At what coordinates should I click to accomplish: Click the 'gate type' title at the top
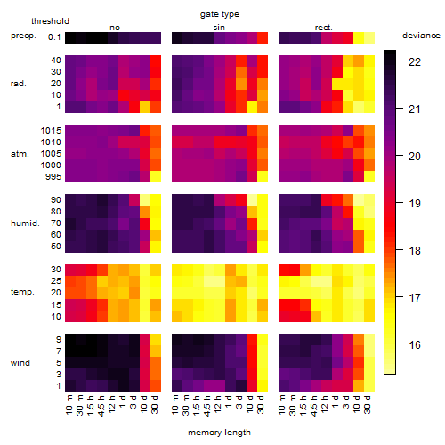220,14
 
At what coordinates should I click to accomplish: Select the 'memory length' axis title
219,433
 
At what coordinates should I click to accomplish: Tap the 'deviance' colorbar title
421,36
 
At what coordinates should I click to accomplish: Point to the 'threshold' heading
50,21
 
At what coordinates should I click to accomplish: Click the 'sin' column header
219,28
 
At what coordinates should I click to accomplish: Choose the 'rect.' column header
323,28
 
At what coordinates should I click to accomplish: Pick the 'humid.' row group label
25,223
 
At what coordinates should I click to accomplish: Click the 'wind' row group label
20,363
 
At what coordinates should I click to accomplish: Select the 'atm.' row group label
20,154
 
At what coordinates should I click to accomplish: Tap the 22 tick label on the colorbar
415,62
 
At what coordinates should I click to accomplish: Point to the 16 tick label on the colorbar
415,345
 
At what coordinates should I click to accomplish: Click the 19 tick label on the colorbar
415,204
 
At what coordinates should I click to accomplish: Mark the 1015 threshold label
51,131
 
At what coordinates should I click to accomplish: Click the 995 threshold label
53,177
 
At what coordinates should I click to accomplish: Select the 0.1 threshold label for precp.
54,37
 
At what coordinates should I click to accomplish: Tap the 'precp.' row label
23,36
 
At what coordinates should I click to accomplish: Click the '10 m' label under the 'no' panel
69,405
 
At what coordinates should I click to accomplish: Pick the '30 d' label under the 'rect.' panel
368,405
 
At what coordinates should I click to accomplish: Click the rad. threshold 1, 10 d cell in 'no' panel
145,107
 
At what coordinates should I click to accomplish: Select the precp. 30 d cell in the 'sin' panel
263,37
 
